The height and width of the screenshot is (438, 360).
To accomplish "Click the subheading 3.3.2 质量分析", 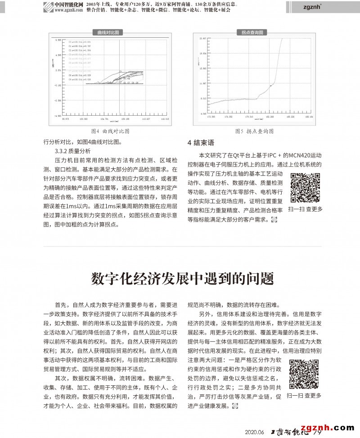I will click(x=72, y=151).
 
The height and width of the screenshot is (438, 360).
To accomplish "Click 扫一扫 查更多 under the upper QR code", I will click(x=305, y=209).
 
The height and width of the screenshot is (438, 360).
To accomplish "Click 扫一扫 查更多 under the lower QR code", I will click(x=305, y=396).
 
